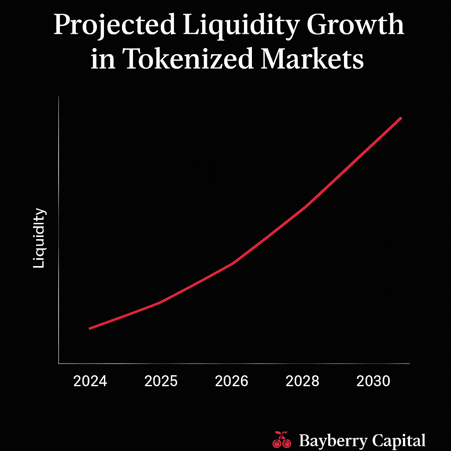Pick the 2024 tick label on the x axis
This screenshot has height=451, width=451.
(x=90, y=381)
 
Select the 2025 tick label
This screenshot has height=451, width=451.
(x=161, y=381)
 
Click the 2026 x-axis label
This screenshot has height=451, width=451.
(x=232, y=381)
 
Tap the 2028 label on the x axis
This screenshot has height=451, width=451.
(x=303, y=381)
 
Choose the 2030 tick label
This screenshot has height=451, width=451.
(x=373, y=381)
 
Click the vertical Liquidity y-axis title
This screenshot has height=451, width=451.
(x=40, y=238)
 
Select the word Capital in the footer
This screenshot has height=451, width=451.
(x=399, y=440)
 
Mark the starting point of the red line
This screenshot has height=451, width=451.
(x=90, y=329)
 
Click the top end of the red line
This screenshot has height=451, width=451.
(x=401, y=118)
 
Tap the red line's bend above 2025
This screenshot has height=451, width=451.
(x=161, y=302)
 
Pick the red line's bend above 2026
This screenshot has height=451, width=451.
(x=232, y=263)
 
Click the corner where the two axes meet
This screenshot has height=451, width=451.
(x=59, y=363)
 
